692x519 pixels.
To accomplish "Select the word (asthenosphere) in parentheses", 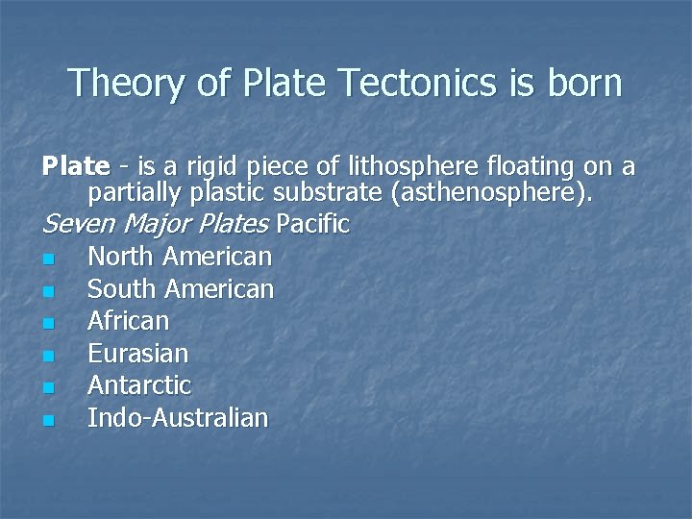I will (x=493, y=194).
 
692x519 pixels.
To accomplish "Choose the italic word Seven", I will (x=76, y=225).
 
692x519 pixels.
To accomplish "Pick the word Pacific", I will (x=312, y=225).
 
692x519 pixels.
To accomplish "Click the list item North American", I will (x=180, y=257).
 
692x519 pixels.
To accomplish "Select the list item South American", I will (x=181, y=288).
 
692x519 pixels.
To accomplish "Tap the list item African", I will (x=128, y=320).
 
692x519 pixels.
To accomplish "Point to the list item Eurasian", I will (x=137, y=353).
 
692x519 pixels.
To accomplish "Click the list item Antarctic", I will (x=139, y=385).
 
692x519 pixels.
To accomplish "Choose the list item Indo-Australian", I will (x=178, y=417).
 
